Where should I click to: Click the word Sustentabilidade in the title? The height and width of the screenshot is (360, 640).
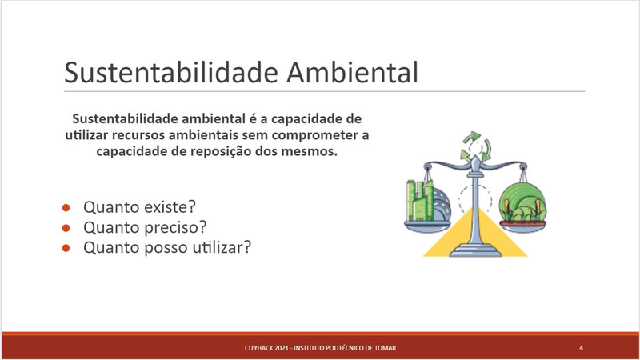click(x=171, y=73)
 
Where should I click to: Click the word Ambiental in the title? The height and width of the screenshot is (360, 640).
click(x=353, y=73)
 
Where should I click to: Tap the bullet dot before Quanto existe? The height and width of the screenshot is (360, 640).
click(x=66, y=208)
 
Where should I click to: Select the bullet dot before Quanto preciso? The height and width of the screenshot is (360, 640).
click(x=66, y=228)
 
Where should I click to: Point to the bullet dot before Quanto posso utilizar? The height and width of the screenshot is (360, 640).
click(x=66, y=248)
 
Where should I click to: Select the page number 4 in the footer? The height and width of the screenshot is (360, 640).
click(x=581, y=348)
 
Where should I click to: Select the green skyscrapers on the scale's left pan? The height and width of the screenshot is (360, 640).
click(x=419, y=201)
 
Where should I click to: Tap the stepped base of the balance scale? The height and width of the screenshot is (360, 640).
click(x=475, y=250)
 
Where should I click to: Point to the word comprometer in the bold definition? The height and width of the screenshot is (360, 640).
click(x=314, y=135)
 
